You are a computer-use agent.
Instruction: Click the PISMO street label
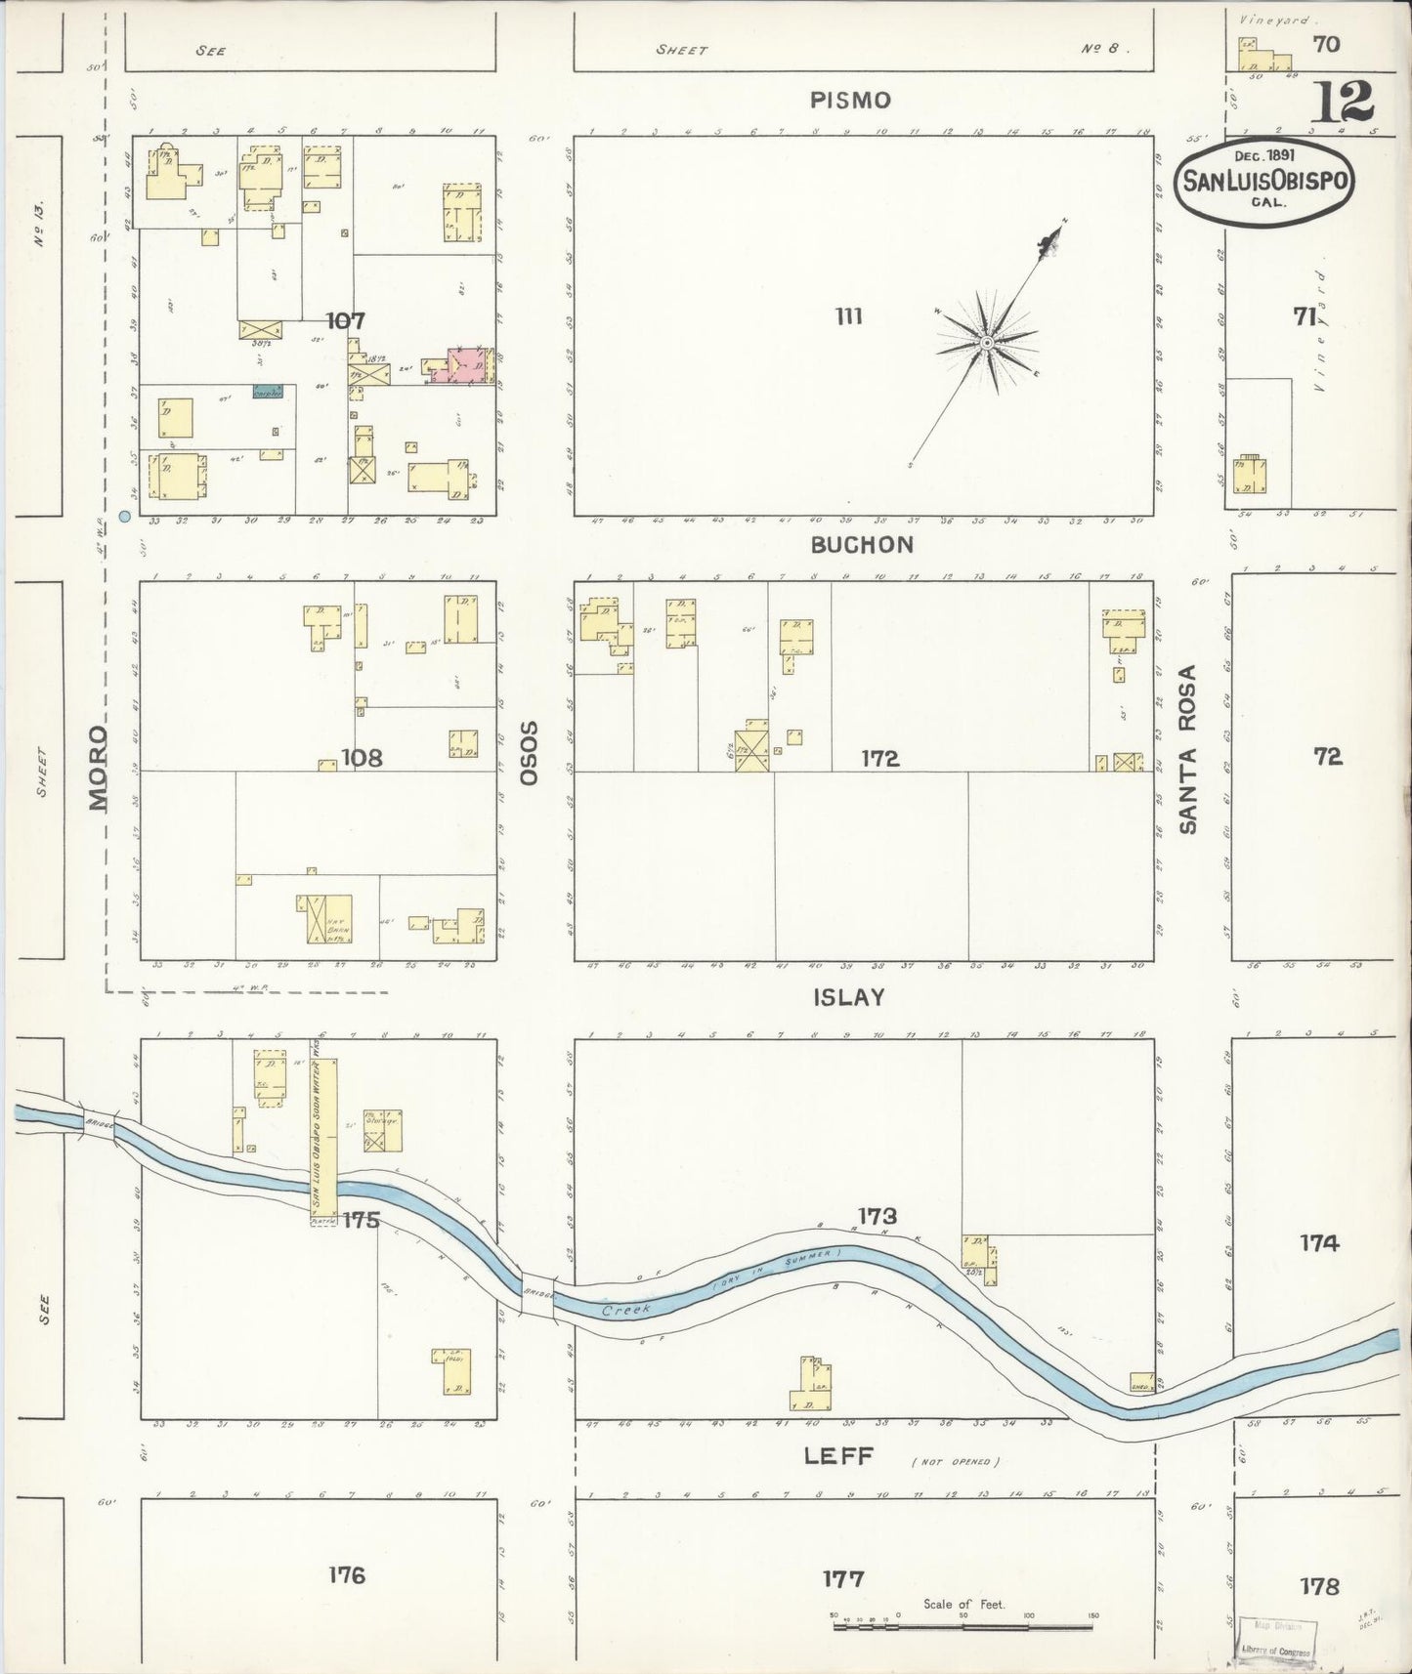coord(850,101)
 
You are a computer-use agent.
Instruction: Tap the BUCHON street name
coord(862,545)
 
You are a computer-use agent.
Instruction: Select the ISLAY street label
coord(848,997)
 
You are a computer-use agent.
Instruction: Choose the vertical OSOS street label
coord(530,753)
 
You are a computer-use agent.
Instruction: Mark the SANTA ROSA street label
coord(1187,750)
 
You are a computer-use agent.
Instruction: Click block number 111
coord(848,316)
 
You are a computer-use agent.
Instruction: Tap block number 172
coord(879,758)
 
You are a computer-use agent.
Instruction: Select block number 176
coord(346,1574)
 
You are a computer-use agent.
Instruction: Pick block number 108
coord(362,757)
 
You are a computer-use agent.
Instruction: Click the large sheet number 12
coord(1343,102)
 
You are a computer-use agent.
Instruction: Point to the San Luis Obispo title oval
coord(1265,181)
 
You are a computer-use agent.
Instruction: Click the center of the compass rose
coord(988,343)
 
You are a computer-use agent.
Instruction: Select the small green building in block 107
coord(268,391)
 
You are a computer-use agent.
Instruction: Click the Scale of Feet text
coord(963,1605)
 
